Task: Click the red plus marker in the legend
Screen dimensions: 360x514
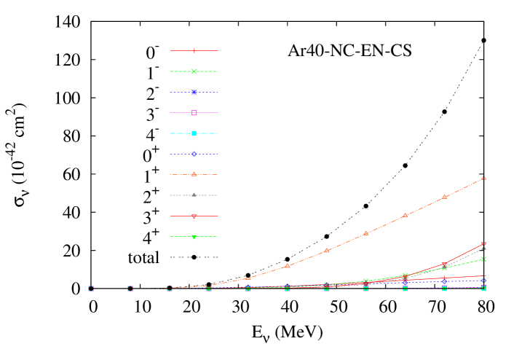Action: pyautogui.click(x=194, y=51)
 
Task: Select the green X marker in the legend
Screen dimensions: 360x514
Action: pyautogui.click(x=194, y=71)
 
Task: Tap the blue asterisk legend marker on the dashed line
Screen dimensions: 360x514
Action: pyautogui.click(x=194, y=93)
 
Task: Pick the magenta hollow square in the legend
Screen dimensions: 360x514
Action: pyautogui.click(x=194, y=113)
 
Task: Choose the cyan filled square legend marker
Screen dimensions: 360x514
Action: pyautogui.click(x=194, y=133)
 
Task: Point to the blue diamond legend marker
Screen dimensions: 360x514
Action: pyautogui.click(x=194, y=154)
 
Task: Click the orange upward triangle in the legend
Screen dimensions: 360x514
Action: pyautogui.click(x=194, y=174)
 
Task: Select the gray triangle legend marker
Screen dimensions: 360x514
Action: pyautogui.click(x=194, y=195)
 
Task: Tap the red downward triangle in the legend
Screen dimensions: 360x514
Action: pyautogui.click(x=194, y=216)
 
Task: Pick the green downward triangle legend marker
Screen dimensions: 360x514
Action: pyautogui.click(x=194, y=237)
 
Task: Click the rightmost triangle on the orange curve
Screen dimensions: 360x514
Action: pyautogui.click(x=483, y=178)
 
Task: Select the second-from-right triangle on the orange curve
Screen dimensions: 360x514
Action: pyautogui.click(x=444, y=197)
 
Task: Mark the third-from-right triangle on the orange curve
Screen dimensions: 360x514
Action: pyautogui.click(x=405, y=216)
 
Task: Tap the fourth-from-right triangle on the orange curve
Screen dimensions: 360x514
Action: pyautogui.click(x=365, y=234)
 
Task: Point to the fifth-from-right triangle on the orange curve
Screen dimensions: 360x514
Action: pyautogui.click(x=326, y=251)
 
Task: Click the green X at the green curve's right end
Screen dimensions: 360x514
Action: pyautogui.click(x=483, y=259)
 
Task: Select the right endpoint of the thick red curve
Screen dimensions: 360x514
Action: pyautogui.click(x=483, y=244)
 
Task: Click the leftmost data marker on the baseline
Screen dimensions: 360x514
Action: pyautogui.click(x=91, y=289)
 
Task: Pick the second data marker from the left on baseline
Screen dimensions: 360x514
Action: pyautogui.click(x=130, y=289)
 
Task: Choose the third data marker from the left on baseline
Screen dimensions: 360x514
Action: pyautogui.click(x=170, y=289)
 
